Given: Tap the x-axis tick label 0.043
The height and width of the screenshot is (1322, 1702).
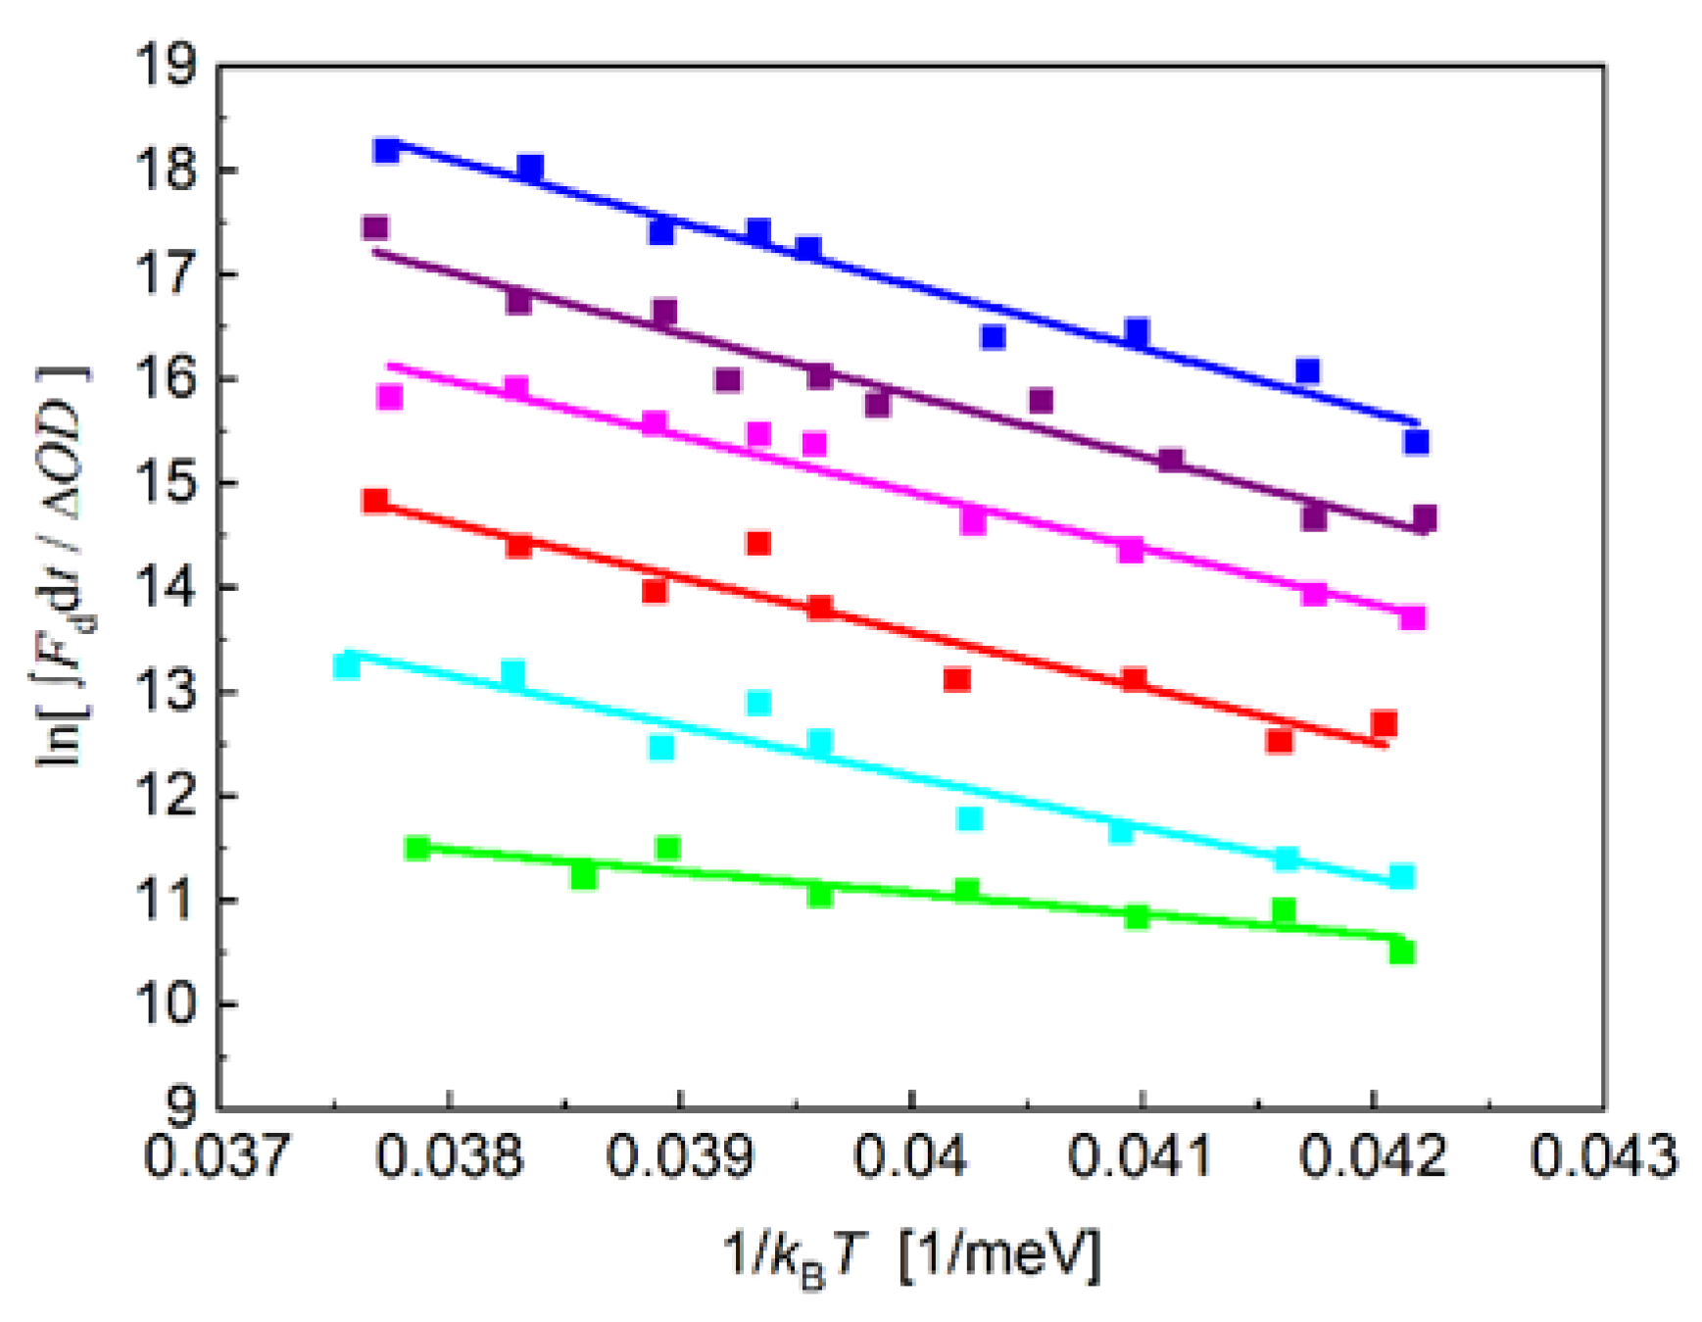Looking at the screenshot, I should point(1603,1156).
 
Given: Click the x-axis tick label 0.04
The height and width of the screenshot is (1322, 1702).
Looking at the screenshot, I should point(910,1156).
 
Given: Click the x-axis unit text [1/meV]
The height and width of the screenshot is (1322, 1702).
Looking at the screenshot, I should point(999,1254).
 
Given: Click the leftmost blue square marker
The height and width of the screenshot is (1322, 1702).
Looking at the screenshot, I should point(386,150).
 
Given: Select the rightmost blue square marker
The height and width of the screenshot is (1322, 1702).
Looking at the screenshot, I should point(1416,442).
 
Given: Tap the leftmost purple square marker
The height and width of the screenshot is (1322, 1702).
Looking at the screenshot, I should point(375,227).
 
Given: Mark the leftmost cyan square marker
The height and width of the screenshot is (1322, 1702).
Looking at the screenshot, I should point(346,665).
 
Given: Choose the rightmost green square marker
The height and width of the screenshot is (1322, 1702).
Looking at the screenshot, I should point(1402,951).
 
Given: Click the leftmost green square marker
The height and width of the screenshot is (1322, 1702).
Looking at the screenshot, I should point(417,848).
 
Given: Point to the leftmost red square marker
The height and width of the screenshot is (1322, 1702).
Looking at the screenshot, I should point(375,501).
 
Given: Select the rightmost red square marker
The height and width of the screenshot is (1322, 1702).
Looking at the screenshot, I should point(1384,724).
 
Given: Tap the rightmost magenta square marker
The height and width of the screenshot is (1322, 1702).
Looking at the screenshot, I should point(1412,617).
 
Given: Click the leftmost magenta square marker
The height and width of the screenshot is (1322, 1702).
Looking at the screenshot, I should point(390,397).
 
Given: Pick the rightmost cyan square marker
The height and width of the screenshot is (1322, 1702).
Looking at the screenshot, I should point(1402,876).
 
